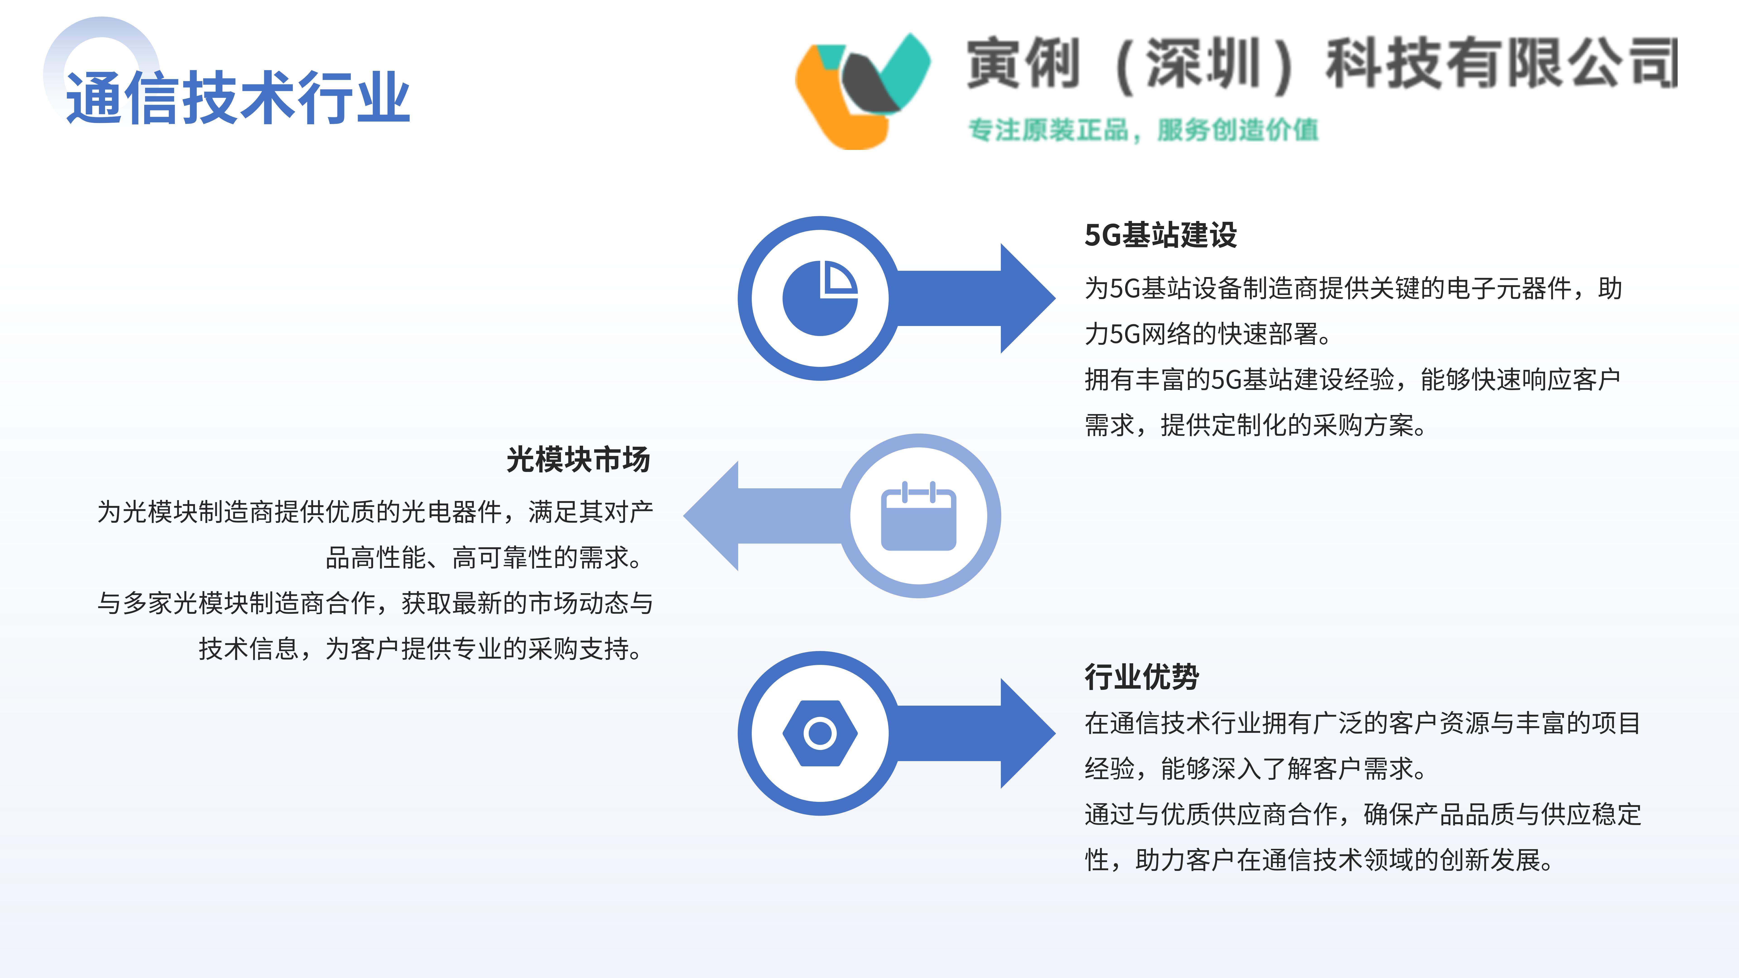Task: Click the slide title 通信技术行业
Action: (238, 98)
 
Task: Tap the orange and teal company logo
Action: (863, 91)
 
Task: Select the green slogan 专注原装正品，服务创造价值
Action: (1143, 129)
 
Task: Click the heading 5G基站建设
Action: (1160, 235)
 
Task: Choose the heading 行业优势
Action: (1141, 676)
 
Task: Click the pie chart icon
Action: (819, 298)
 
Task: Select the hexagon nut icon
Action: (819, 733)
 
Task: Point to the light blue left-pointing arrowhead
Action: (711, 516)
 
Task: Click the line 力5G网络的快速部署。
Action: (1208, 333)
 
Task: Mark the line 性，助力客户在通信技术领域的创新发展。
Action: (1320, 859)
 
